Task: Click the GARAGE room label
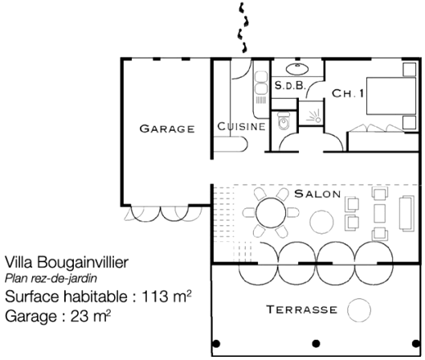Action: coord(167,129)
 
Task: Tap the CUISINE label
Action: coord(241,126)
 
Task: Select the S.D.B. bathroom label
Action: coord(290,86)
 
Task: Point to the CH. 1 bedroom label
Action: coord(348,93)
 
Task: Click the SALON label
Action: coord(317,194)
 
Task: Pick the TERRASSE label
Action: coord(301,309)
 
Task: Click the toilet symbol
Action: coord(284,121)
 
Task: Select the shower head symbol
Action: coord(314,117)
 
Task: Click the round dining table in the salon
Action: coord(271,213)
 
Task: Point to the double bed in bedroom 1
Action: coord(391,96)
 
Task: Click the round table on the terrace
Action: coord(359,310)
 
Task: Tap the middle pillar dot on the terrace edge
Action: coord(316,344)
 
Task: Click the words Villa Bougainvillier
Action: coord(67,263)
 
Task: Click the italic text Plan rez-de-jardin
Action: coord(51,279)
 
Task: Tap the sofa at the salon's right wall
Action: coord(407,213)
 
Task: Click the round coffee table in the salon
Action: coord(321,222)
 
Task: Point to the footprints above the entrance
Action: coord(243,27)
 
